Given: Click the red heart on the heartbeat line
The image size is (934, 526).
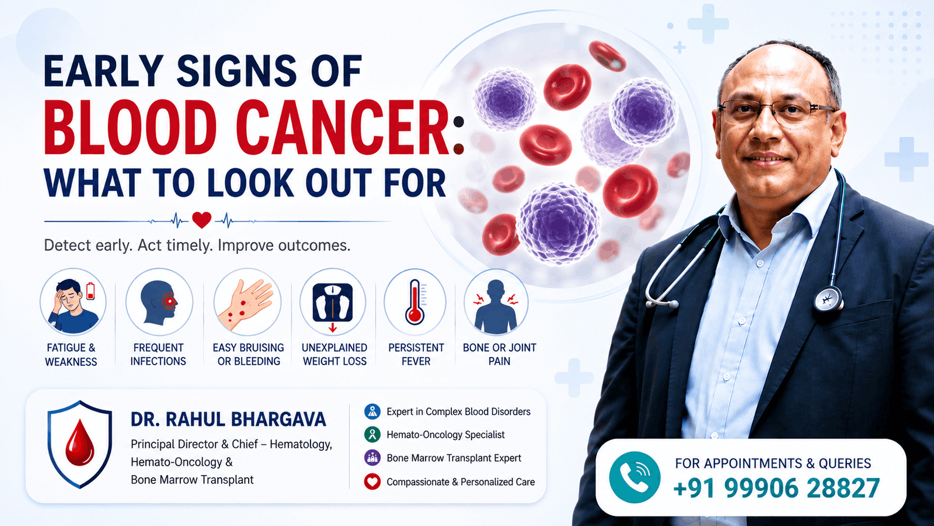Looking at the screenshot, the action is coord(201,220).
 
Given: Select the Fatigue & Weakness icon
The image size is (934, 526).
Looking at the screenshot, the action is coord(73,302).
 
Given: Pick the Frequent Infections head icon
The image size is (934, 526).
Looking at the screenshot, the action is coord(159,302).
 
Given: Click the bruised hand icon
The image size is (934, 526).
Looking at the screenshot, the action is coord(248,302).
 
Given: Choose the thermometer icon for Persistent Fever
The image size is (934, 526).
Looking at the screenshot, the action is coord(415,302).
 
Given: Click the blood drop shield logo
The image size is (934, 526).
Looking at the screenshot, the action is coord(79,444).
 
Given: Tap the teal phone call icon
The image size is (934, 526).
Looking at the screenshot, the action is coord(635,477).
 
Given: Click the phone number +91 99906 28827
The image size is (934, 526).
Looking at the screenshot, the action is coord(776,487).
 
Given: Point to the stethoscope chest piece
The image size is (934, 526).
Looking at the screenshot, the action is coord(828,299).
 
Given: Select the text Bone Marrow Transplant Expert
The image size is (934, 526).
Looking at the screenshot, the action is coord(454,458).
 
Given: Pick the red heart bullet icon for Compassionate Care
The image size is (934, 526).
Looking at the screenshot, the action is coord(372,482).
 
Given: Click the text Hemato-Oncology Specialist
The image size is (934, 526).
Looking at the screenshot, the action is coord(445,435).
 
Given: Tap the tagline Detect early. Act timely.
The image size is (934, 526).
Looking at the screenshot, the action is coord(129,245).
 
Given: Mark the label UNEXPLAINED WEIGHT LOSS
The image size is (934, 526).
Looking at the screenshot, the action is coord(334,354).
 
